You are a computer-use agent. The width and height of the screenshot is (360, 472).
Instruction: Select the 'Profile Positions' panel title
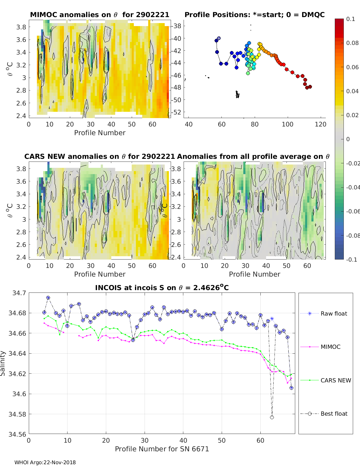pos(254,15)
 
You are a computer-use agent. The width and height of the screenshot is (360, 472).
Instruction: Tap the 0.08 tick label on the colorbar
pos(352,43)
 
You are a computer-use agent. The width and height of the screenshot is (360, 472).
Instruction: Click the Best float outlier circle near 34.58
pos(272,417)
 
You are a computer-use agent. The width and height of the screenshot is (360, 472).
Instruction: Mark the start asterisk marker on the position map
pos(219,38)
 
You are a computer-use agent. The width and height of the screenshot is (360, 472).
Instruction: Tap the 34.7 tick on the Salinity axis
pos(19,293)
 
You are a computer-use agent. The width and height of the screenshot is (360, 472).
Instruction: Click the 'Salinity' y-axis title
pos(3,363)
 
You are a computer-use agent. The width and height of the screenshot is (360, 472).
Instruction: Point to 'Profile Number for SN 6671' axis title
pos(162,449)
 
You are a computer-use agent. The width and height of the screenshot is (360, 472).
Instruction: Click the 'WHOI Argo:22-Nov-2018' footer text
pos(45,462)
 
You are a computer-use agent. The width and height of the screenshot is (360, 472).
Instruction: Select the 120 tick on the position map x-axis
pos(320,124)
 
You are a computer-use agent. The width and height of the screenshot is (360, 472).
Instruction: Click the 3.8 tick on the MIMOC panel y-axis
pos(21,27)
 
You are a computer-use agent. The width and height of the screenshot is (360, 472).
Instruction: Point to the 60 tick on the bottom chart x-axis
pos(260,440)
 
